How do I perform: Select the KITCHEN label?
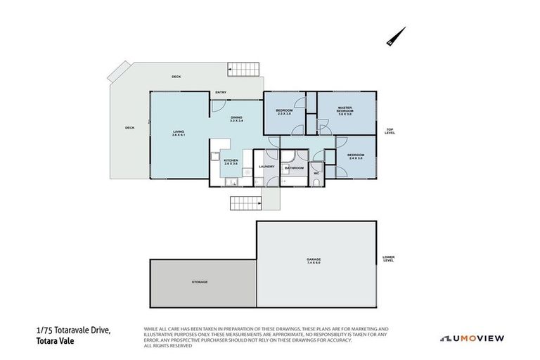click(231, 162)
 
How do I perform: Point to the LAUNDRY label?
click(266, 167)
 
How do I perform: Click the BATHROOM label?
click(294, 168)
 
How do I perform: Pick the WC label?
click(316, 173)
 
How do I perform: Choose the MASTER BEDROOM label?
click(344, 111)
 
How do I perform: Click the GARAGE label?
click(313, 261)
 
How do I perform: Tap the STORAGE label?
click(200, 282)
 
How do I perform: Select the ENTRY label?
click(221, 92)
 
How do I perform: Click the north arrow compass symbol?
click(396, 37)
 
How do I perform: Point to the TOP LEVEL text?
click(390, 131)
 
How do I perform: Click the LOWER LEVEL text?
click(388, 258)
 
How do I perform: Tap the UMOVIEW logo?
click(472, 338)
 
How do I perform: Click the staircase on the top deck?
click(244, 70)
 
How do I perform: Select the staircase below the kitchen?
click(246, 202)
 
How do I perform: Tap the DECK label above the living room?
click(176, 76)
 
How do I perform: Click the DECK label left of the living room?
click(129, 128)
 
